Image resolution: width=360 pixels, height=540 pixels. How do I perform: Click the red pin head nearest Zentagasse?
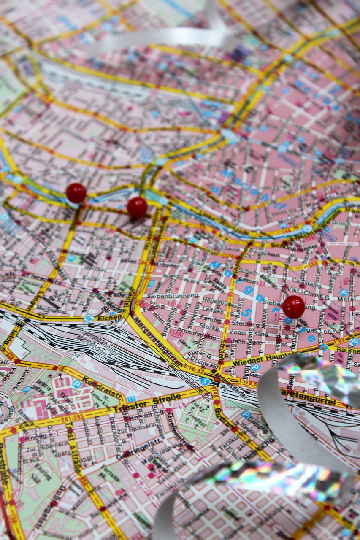click(293, 306)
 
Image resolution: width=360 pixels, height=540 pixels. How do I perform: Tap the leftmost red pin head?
click(76, 193)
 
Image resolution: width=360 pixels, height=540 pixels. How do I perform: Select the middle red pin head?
click(137, 207)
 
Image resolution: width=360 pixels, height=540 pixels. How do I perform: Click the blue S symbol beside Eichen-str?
click(88, 319)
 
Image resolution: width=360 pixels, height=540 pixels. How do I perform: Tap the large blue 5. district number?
click(246, 313)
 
